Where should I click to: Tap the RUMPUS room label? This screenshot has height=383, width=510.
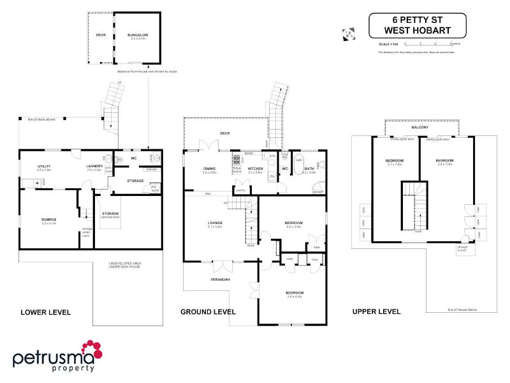tap(49, 220)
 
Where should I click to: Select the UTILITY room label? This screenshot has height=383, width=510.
tap(43, 167)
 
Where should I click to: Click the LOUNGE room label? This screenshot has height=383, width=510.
tap(214, 223)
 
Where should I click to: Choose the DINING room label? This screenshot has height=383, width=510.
tap(210, 169)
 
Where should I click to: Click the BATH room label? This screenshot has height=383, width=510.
tap(309, 169)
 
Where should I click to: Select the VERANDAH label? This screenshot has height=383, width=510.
tap(220, 280)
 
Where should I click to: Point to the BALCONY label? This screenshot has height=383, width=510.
tap(419, 128)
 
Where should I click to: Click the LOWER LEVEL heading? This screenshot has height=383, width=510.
tap(46, 312)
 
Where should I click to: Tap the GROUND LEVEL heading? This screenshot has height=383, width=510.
tap(208, 312)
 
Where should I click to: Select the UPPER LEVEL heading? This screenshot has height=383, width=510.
tap(376, 312)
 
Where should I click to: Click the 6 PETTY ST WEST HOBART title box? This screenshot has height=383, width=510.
tap(417, 26)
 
